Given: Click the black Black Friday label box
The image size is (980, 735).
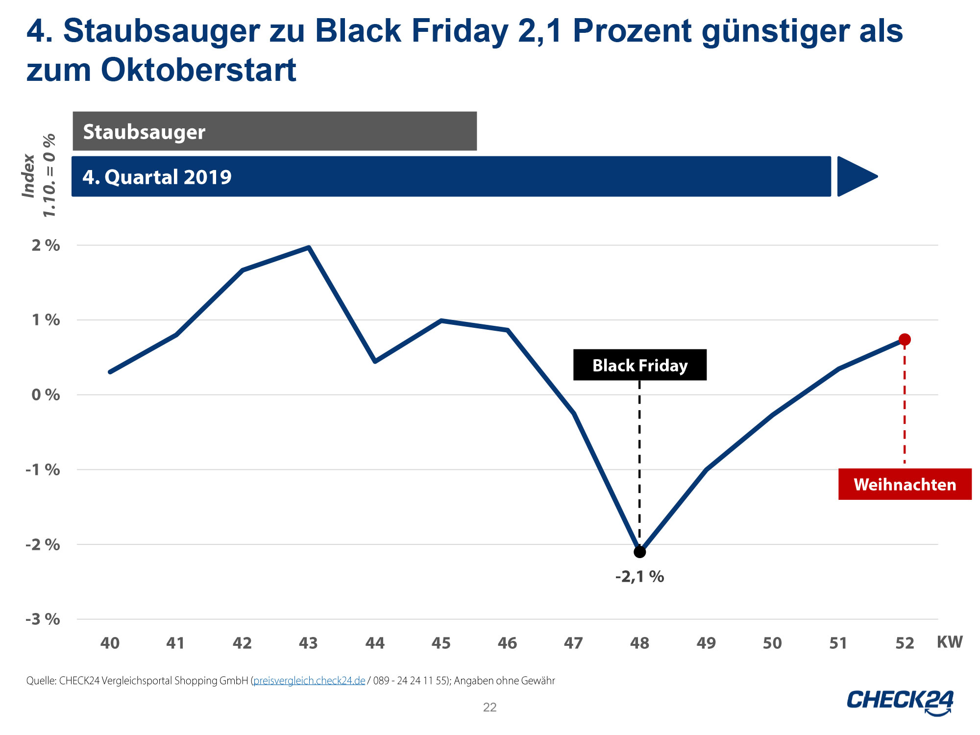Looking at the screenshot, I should (639, 365).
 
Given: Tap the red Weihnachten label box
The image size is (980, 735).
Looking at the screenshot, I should (905, 484).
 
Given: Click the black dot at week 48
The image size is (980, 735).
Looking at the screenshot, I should (639, 552).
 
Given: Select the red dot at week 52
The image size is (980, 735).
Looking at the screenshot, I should (905, 340).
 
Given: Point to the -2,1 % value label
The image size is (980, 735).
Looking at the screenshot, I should (639, 577).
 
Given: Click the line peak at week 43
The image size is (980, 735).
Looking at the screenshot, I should (309, 247).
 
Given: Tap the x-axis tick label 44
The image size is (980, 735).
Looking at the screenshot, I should (375, 643).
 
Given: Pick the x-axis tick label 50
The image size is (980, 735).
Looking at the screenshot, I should (772, 643).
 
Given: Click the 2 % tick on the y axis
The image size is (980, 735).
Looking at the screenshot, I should (46, 245).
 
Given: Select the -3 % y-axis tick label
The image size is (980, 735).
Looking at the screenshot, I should (43, 619).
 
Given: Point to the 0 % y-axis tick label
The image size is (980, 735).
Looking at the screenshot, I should (46, 395).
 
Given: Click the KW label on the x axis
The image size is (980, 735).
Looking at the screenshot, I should (950, 642).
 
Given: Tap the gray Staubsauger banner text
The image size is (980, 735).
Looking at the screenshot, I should (144, 132).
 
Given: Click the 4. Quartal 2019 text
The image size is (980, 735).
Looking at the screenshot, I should (157, 177).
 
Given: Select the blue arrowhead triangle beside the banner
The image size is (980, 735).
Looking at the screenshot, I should (855, 176).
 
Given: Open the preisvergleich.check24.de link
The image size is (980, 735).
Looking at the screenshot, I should (309, 681).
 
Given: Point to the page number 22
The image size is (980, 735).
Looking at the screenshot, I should (490, 707).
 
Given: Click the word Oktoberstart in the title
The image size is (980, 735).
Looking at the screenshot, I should (198, 70).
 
